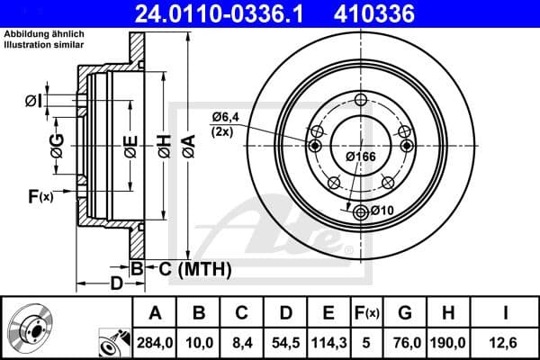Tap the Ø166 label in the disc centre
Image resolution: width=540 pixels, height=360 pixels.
pos(361,156)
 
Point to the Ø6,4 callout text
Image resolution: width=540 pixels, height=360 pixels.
pos(226,117)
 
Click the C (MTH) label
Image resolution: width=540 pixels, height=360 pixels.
pos(191,268)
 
